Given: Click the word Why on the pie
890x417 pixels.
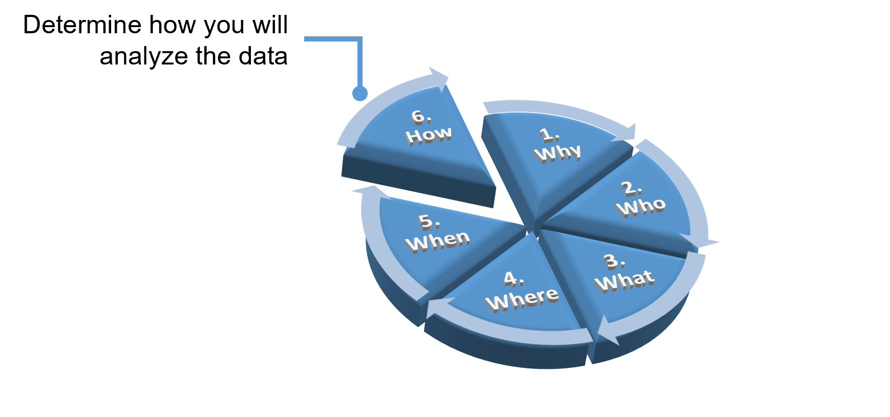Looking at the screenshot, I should point(558,153).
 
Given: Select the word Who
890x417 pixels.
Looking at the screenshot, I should point(641,207).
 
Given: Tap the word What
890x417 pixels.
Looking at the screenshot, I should point(624,280).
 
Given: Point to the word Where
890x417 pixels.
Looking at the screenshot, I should point(522,299).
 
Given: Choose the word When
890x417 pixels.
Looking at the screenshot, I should point(438,240).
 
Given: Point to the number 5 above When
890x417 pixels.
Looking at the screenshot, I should point(428,221).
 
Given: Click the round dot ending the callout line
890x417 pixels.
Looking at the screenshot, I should point(360,94).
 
